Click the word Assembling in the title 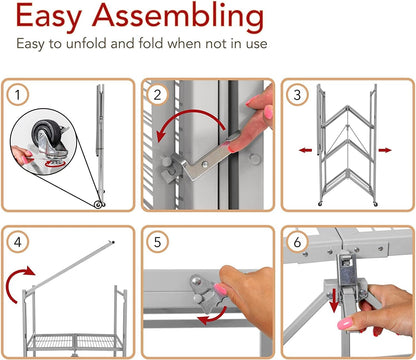coord(178,17)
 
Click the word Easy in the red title coord(49,17)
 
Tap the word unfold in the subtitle coord(86,44)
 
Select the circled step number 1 coord(17,95)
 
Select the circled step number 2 coord(157,95)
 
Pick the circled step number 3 coord(297,95)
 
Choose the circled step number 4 coord(17,242)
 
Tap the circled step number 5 coord(157,242)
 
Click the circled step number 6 coord(297,242)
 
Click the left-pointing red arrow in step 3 coord(305,150)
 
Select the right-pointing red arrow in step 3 coord(385,150)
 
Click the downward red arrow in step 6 coord(334,302)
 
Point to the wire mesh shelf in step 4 coord(76,342)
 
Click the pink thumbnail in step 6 coord(345,323)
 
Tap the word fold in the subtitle coord(151,43)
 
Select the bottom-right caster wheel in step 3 coord(375,203)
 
